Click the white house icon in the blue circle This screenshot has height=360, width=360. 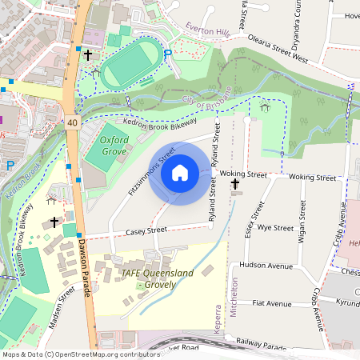click(x=180, y=173)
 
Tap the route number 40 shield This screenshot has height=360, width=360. click(x=73, y=122)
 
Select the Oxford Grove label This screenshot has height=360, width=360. click(x=114, y=144)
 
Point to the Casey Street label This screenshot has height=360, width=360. click(x=146, y=230)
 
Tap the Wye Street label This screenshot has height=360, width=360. click(x=276, y=228)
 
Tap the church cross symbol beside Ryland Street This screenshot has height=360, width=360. click(x=234, y=185)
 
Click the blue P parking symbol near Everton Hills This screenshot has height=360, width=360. click(x=167, y=54)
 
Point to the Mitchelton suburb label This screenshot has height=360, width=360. click(x=235, y=298)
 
